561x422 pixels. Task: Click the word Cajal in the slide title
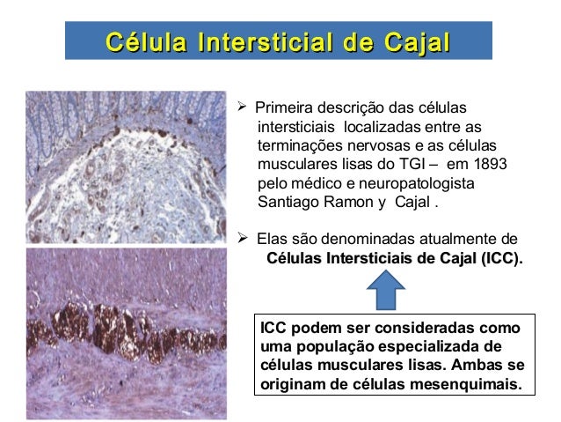click(x=414, y=41)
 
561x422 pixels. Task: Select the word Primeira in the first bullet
click(x=283, y=108)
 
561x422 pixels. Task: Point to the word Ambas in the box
click(x=481, y=366)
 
